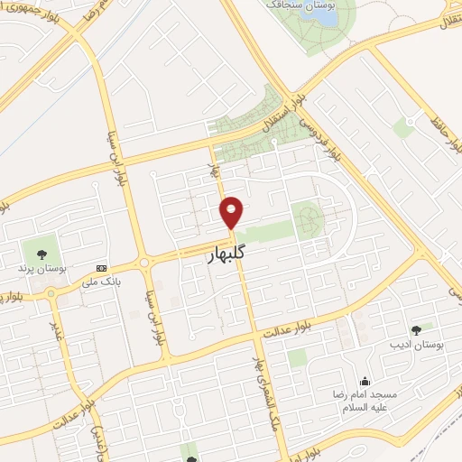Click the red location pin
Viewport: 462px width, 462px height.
pos(232,211)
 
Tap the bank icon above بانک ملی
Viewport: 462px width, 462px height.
pos(101,269)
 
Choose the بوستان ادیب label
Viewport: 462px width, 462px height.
pos(411,345)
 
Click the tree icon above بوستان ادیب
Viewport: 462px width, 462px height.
pos(415,329)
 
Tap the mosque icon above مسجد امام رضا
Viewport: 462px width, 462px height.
pos(365,381)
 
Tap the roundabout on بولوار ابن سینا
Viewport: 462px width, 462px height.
pos(143,263)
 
